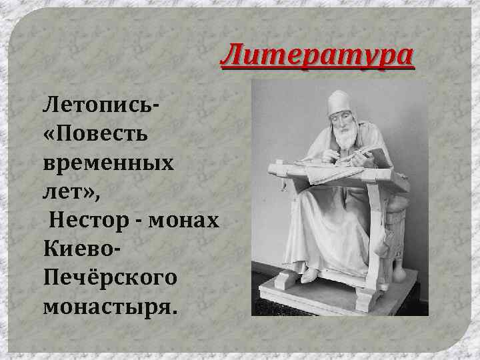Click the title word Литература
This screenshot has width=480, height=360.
coord(317,56)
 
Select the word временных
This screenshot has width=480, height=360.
coord(107,163)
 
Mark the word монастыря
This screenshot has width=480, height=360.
coord(109,306)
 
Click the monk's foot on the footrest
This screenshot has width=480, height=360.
coord(311,273)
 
